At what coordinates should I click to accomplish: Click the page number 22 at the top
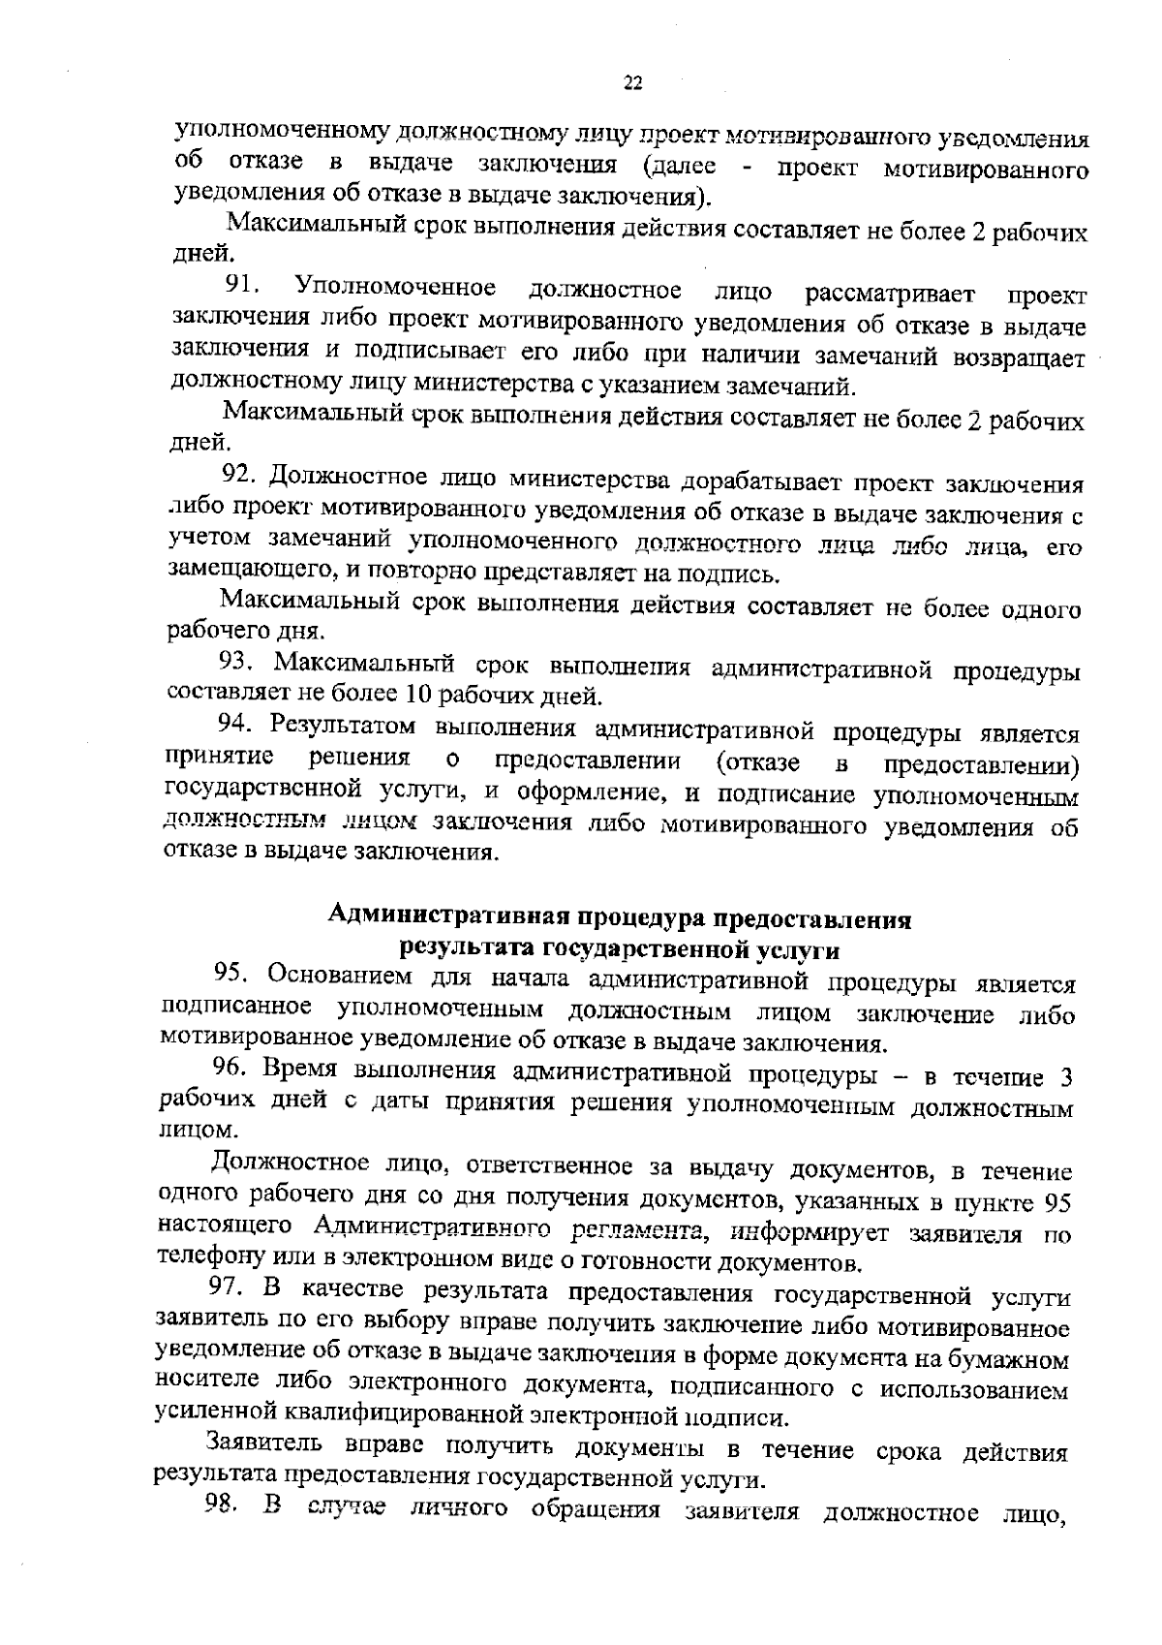[x=632, y=83]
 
